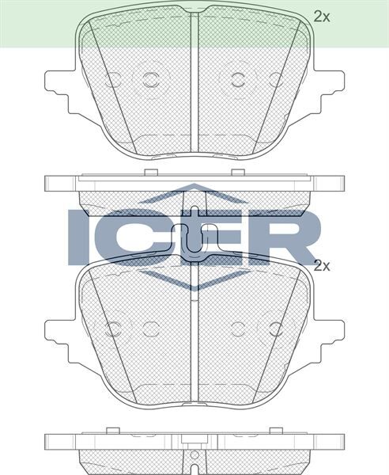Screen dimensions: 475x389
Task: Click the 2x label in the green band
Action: (x=321, y=15)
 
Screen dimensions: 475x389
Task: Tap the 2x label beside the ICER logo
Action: (x=321, y=266)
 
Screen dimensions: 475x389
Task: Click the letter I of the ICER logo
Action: (x=78, y=236)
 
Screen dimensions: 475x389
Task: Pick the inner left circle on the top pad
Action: (x=149, y=78)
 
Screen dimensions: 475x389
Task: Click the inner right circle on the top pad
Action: (x=239, y=78)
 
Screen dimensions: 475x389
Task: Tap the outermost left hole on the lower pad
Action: (x=113, y=328)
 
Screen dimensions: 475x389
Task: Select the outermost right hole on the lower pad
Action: (x=276, y=328)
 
